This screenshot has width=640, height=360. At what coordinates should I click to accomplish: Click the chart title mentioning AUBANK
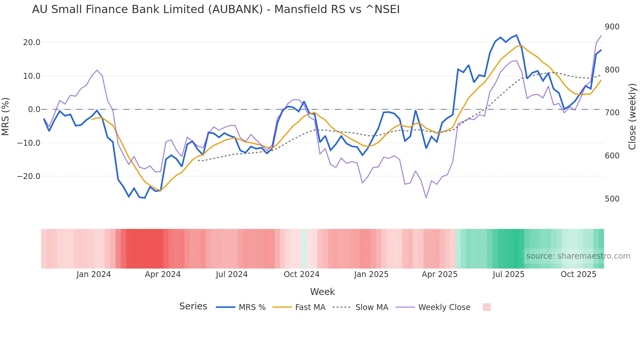tap(216, 9)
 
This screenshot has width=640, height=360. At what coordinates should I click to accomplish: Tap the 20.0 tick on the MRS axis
tap(32, 42)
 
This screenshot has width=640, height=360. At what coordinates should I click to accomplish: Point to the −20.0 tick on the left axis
tap(29, 176)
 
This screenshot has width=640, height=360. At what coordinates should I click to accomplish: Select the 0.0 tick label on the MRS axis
tap(34, 109)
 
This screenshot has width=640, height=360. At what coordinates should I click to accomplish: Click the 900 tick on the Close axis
tap(612, 27)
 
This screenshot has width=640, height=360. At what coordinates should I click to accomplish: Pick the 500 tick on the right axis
tap(612, 199)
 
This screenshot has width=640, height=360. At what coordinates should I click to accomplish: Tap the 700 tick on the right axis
tap(612, 113)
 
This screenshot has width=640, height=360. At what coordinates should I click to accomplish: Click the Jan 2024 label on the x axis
tap(94, 274)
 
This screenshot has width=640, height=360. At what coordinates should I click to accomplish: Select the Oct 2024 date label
tap(301, 274)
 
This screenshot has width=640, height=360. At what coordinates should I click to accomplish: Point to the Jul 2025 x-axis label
tap(508, 274)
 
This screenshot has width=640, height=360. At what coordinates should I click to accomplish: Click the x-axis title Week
tap(322, 292)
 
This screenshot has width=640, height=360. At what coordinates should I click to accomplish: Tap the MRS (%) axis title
tap(6, 116)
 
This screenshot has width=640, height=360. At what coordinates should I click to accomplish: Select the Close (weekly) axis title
tap(632, 116)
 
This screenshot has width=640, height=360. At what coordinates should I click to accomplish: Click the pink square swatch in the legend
tap(487, 307)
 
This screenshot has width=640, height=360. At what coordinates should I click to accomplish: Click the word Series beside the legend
tap(193, 306)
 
